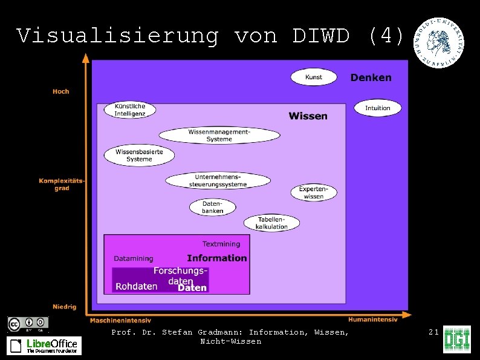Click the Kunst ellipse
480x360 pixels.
pyautogui.click(x=314, y=77)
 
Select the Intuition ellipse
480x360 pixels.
pyautogui.click(x=378, y=108)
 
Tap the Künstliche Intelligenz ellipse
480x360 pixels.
pyautogui.click(x=130, y=110)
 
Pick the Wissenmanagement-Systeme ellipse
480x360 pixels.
pyautogui.click(x=219, y=135)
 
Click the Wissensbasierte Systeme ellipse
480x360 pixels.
pyautogui.click(x=139, y=155)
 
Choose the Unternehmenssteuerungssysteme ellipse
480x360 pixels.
pyautogui.click(x=218, y=180)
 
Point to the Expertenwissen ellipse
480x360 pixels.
pyautogui.click(x=314, y=192)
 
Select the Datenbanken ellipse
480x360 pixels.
pyautogui.click(x=212, y=207)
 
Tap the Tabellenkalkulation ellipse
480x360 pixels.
pyautogui.click(x=271, y=223)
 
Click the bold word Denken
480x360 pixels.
pyautogui.click(x=371, y=77)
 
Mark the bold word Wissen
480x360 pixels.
pyautogui.click(x=308, y=116)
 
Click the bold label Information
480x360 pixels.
pyautogui.click(x=217, y=258)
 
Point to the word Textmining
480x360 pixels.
pyautogui.click(x=221, y=244)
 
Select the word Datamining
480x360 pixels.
pyautogui.click(x=134, y=258)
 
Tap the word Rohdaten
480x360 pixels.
pyautogui.click(x=137, y=286)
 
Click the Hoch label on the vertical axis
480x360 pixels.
pyautogui.click(x=61, y=91)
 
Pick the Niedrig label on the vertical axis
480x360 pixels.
pyautogui.click(x=64, y=307)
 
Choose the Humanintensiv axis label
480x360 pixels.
pyautogui.click(x=372, y=319)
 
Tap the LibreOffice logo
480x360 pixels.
pyautogui.click(x=44, y=345)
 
